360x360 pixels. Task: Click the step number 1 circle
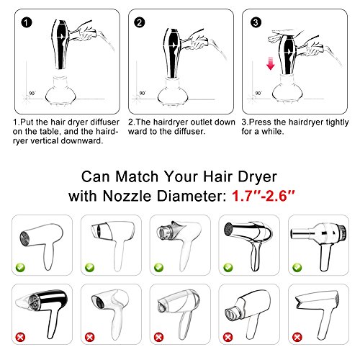tap(27, 23)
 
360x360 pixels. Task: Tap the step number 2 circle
tap(140, 22)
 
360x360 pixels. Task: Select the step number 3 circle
tap(256, 22)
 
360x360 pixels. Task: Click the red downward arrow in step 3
tap(271, 63)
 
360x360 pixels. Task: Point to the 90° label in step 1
tap(32, 94)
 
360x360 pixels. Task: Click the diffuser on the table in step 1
tap(60, 91)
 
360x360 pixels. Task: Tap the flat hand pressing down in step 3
tap(281, 36)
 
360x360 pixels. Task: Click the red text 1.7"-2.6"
tap(263, 196)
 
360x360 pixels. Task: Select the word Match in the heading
tap(137, 177)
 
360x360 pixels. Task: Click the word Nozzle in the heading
tap(127, 197)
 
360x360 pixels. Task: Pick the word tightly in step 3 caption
tap(337, 122)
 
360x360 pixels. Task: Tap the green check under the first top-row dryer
tap(20, 267)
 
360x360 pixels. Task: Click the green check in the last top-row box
tap(297, 267)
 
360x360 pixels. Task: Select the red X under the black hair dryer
tap(20, 337)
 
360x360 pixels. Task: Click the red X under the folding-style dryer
tap(297, 337)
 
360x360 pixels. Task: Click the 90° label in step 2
tap(143, 94)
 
